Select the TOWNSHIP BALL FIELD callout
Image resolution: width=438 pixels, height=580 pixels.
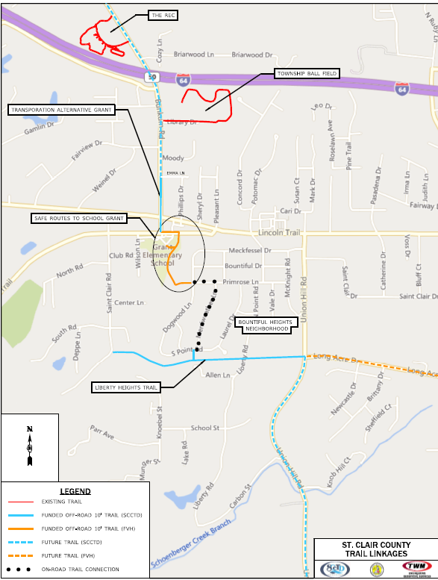tap(307, 73)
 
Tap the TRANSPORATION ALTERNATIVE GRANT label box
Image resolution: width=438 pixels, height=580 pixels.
tap(61, 110)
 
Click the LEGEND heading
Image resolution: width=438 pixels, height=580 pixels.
tap(75, 491)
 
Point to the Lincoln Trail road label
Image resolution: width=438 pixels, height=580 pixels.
tap(279, 233)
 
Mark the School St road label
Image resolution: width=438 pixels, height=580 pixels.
tap(204, 428)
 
